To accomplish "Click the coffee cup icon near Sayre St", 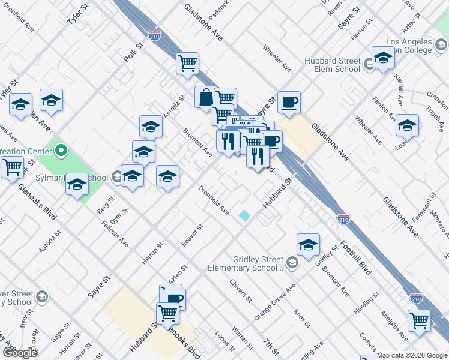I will click(288, 102).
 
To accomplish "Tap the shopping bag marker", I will click(205, 97).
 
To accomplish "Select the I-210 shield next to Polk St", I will click(154, 36).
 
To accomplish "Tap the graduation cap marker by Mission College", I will click(382, 58).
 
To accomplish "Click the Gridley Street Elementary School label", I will click(245, 263).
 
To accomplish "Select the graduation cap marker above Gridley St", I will click(308, 244).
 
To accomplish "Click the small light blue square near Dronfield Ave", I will click(244, 215).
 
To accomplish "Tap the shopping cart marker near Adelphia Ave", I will click(418, 319).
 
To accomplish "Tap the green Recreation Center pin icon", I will click(61, 147).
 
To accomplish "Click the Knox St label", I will click(302, 319).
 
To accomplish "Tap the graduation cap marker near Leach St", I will click(407, 125).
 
